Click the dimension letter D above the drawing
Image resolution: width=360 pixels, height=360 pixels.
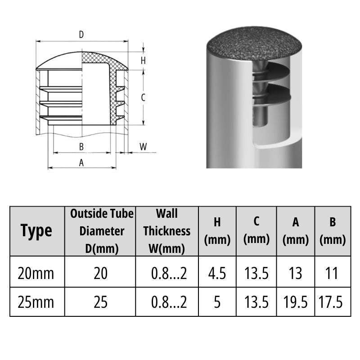[x=81, y=35]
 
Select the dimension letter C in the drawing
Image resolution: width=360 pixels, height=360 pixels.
[x=143, y=97]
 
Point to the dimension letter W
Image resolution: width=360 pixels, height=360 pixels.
[x=143, y=147]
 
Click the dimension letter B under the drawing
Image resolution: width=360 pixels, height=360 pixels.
[x=81, y=147]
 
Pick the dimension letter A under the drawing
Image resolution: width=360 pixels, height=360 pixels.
[x=81, y=163]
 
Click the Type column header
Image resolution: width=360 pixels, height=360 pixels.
[x=36, y=231]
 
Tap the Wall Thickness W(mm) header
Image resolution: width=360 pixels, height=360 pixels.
[x=167, y=231]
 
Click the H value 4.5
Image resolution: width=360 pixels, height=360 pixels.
[x=217, y=273]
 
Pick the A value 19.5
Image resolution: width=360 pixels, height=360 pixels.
[x=295, y=301]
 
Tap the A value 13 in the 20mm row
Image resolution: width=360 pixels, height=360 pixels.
[x=295, y=273]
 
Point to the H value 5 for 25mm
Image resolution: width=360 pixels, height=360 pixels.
[x=217, y=301]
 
